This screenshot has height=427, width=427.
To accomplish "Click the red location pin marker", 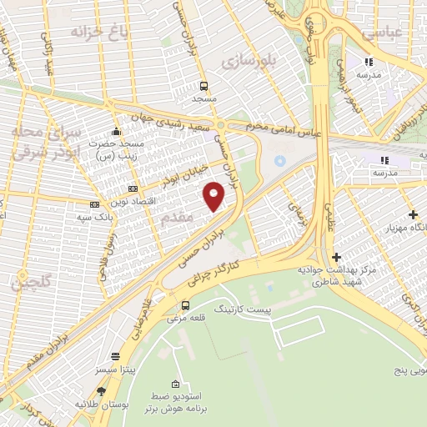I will click(214, 195).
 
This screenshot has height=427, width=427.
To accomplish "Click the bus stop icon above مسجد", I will click(204, 86).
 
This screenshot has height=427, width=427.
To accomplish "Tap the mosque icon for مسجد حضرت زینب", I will click(117, 132).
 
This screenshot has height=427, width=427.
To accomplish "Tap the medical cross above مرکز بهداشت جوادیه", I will click(336, 258).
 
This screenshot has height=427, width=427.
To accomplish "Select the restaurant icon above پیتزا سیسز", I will click(130, 353).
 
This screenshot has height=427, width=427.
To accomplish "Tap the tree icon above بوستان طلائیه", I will click(102, 390).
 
